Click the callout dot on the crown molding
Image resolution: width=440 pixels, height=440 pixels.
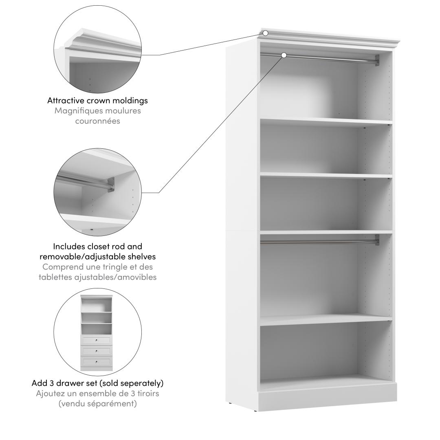(x=266, y=33)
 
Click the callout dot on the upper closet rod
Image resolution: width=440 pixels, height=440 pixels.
(x=284, y=55)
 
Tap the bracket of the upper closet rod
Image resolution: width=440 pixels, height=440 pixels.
(x=377, y=60)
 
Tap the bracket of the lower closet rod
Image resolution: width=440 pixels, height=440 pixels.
(x=377, y=240)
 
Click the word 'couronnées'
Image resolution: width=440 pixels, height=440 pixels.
(x=98, y=121)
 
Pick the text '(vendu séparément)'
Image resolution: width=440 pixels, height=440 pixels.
(x=98, y=404)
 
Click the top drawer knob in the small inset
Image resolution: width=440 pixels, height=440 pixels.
(x=96, y=340)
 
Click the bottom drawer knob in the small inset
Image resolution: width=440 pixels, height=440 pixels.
(x=96, y=362)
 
